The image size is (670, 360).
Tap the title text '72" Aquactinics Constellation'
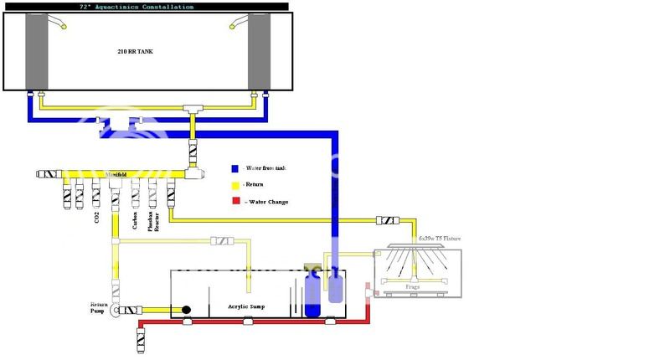coord(145,6)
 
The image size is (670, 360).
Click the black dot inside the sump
coord(186,310)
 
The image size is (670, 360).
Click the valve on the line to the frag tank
coord(388,221)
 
